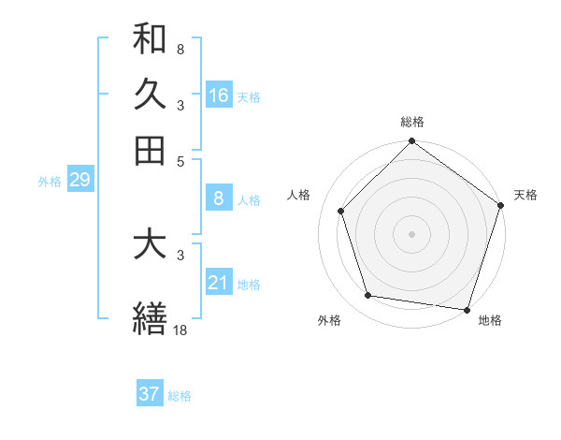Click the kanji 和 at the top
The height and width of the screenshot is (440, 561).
click(150, 38)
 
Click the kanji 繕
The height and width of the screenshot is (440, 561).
click(150, 319)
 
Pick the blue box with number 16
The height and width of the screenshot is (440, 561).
click(219, 95)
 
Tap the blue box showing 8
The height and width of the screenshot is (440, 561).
click(219, 198)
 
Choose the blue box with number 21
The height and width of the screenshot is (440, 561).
click(219, 282)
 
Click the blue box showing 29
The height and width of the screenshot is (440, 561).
click(79, 180)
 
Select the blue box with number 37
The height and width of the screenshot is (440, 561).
click(150, 394)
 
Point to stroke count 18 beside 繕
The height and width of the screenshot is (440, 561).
click(180, 330)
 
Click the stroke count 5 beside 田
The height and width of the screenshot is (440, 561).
click(180, 160)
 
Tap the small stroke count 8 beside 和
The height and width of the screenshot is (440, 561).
click(180, 49)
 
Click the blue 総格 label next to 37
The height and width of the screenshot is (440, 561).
click(180, 396)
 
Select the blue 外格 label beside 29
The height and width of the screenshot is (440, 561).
click(49, 182)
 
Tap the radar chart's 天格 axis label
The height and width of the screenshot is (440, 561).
click(525, 195)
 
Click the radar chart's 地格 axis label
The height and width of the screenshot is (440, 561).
click(490, 320)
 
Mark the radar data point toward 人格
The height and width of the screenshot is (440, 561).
click(341, 211)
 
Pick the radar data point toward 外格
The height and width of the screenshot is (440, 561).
click(368, 296)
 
